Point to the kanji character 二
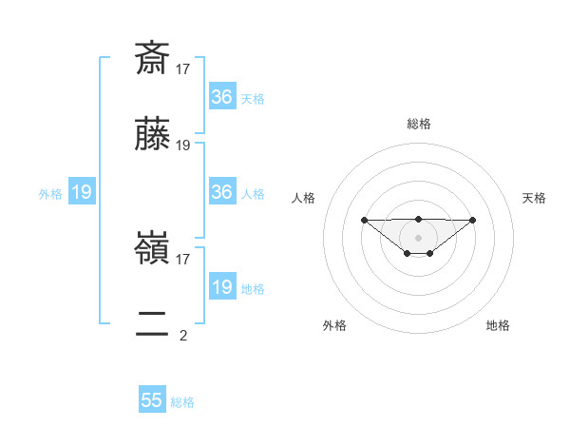tap(153, 325)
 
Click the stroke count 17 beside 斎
tap(183, 68)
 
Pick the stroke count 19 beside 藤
tap(183, 146)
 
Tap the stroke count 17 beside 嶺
tap(183, 258)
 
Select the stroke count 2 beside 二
tap(183, 335)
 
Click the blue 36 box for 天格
tap(221, 97)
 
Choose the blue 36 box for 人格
tap(221, 192)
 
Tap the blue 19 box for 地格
tap(221, 287)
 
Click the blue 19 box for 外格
tap(81, 192)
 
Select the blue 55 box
tap(152, 400)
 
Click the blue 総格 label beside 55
tap(182, 402)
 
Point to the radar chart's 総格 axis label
tap(418, 124)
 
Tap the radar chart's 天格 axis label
tap(534, 198)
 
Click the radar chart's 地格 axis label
tap(498, 325)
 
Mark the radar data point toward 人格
tap(364, 220)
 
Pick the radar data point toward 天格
tap(473, 220)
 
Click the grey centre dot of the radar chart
tap(418, 237)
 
